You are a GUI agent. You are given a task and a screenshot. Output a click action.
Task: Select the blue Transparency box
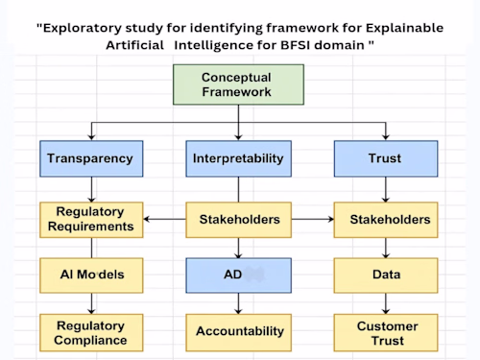(x=90, y=159)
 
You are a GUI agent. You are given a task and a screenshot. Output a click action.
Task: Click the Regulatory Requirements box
(x=90, y=220)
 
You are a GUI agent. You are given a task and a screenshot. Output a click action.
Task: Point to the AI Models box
(x=90, y=275)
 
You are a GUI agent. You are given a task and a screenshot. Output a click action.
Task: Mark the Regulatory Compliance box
(x=90, y=331)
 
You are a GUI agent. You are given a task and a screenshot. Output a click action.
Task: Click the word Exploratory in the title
(x=84, y=27)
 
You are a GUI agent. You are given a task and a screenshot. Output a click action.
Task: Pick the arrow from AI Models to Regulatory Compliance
(x=90, y=302)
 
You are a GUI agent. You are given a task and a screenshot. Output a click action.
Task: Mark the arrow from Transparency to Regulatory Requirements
(x=90, y=189)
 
